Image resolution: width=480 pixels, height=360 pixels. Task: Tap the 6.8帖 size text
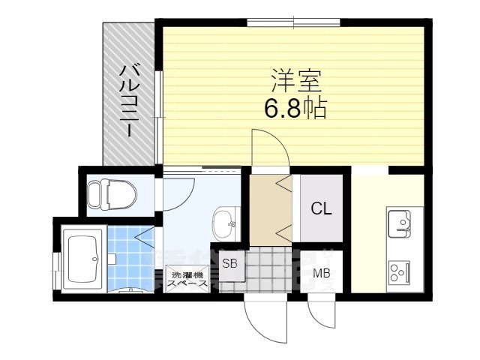click(x=294, y=110)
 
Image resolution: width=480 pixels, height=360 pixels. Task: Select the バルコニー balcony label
click(x=128, y=100)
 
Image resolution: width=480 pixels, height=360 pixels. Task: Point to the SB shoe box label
click(x=229, y=263)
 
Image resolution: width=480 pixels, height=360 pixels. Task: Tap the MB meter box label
click(x=322, y=273)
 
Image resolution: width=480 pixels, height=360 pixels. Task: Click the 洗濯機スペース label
click(x=187, y=278)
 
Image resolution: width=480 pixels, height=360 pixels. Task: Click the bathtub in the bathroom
click(x=83, y=259)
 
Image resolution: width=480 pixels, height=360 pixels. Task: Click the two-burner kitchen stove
click(x=398, y=271)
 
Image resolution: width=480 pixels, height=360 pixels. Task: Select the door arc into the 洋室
click(x=266, y=146)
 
